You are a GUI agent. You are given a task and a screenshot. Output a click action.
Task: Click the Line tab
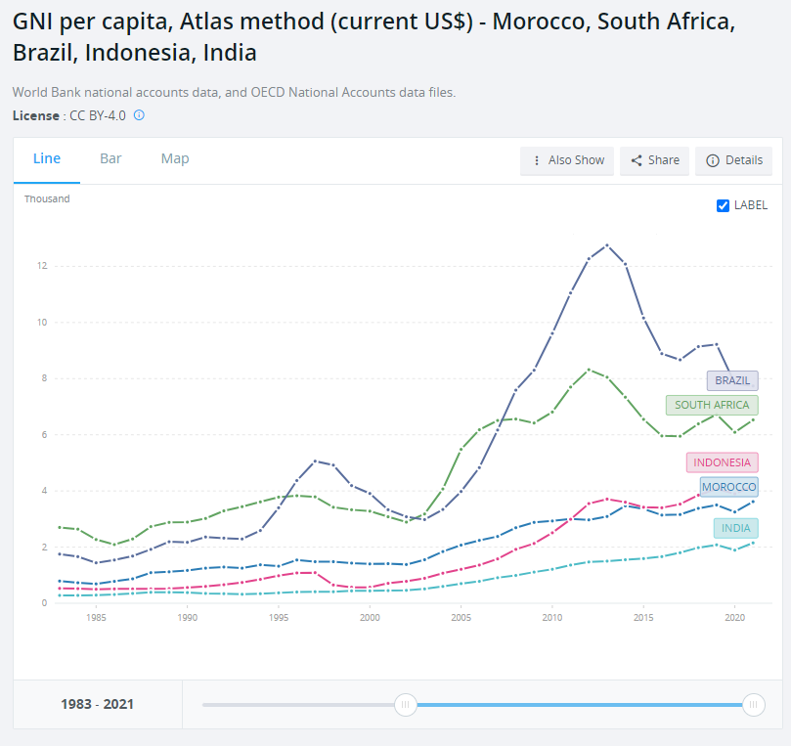pyautogui.click(x=47, y=159)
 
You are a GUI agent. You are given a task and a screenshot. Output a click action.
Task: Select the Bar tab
pyautogui.click(x=110, y=159)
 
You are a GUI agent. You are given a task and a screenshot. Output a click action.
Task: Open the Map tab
pyautogui.click(x=175, y=159)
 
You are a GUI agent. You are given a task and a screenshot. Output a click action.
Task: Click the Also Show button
pyautogui.click(x=567, y=161)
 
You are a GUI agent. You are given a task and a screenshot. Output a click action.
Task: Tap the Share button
pyautogui.click(x=655, y=161)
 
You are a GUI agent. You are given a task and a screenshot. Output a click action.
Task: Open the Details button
pyautogui.click(x=734, y=161)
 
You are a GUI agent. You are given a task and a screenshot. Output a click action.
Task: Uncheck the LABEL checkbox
pyautogui.click(x=724, y=205)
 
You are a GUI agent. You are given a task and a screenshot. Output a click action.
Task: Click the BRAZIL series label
pyautogui.click(x=732, y=380)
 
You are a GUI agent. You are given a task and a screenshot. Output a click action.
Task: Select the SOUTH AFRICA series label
pyautogui.click(x=712, y=405)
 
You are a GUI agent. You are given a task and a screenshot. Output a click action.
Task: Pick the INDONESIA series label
pyautogui.click(x=722, y=462)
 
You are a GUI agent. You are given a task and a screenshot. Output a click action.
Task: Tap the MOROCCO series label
pyautogui.click(x=728, y=487)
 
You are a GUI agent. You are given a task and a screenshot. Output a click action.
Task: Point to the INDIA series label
pyautogui.click(x=735, y=528)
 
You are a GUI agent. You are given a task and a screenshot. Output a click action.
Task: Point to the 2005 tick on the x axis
pyautogui.click(x=461, y=618)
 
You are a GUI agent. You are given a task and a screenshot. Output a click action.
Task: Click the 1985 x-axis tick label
pyautogui.click(x=96, y=618)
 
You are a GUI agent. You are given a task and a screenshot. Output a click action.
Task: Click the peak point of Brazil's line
pyautogui.click(x=607, y=244)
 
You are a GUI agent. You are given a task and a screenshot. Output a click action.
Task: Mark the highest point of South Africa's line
pyautogui.click(x=589, y=370)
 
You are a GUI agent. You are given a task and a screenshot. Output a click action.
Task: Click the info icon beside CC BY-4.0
pyautogui.click(x=139, y=115)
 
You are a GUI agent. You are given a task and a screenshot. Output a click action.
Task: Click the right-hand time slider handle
pyautogui.click(x=753, y=704)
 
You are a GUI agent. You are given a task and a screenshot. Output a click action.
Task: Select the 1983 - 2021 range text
pyautogui.click(x=98, y=704)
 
